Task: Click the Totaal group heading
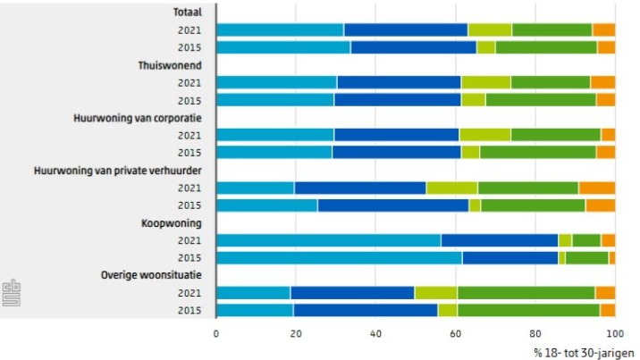pyautogui.click(x=188, y=13)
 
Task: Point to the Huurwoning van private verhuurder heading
pyautogui.click(x=120, y=171)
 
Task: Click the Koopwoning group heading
pyautogui.click(x=176, y=223)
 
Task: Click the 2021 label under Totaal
pyautogui.click(x=189, y=30)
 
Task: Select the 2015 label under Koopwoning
pyautogui.click(x=189, y=258)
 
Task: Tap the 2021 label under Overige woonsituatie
pyautogui.click(x=189, y=293)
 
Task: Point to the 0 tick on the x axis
pyautogui.click(x=216, y=334)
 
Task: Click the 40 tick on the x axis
pyautogui.click(x=375, y=334)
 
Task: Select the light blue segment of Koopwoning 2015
pyautogui.click(x=339, y=258)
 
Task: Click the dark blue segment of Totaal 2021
pyautogui.click(x=406, y=30)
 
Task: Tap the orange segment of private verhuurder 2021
pyautogui.click(x=596, y=188)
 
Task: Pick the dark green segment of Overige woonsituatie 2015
pyautogui.click(x=528, y=311)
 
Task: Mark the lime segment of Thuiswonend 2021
pyautogui.click(x=485, y=83)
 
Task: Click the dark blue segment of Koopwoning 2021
pyautogui.click(x=500, y=240)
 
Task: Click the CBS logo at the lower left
pyautogui.click(x=11, y=289)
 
